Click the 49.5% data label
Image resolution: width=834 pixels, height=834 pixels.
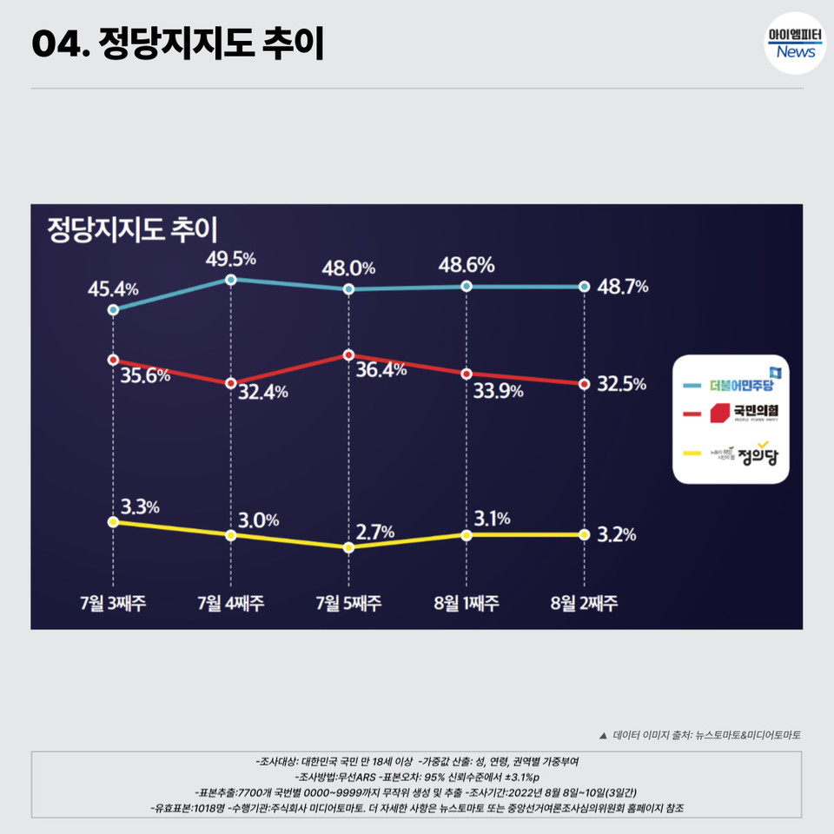pos(230,258)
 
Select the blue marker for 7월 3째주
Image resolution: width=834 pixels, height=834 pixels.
pos(113,309)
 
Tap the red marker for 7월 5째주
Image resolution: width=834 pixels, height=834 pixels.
pos(348,355)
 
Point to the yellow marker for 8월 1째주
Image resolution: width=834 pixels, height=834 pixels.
pos(467,535)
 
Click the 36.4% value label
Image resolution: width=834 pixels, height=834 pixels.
pos(381,370)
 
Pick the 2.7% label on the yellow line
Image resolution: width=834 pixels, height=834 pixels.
pos(375,532)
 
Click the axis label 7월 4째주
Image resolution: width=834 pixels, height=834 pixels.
pos(230,602)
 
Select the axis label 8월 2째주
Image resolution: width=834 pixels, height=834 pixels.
pos(584,602)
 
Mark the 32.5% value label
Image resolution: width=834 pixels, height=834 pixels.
pos(622,384)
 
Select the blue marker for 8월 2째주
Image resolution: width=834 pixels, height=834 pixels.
pos(584,287)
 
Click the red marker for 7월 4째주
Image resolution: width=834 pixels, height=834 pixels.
pos(230,383)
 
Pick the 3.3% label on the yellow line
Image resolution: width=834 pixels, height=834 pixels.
pos(140,506)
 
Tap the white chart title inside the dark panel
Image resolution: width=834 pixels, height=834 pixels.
pos(132,229)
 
